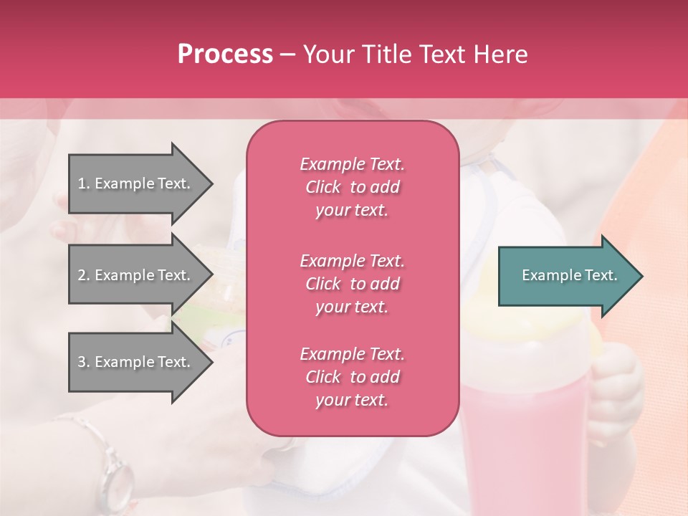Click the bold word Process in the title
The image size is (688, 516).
(225, 54)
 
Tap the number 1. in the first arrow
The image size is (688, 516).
(84, 183)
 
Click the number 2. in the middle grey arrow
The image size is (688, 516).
(84, 275)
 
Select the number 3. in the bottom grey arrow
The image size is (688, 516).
(84, 362)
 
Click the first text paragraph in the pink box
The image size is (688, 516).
(352, 187)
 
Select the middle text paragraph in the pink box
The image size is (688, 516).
(352, 283)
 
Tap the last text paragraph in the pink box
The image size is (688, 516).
(352, 377)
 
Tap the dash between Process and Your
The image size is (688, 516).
(287, 55)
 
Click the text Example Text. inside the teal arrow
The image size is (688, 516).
(570, 275)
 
